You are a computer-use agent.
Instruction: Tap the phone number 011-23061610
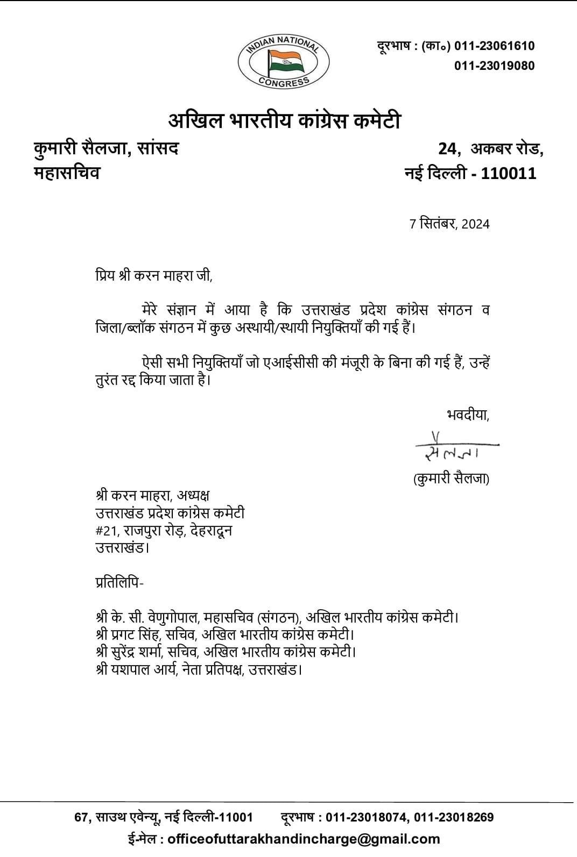tap(495, 46)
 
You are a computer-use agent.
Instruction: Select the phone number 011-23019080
tap(495, 66)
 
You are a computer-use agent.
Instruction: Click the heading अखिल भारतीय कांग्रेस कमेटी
tap(285, 121)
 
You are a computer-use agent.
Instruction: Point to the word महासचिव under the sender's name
tap(67, 173)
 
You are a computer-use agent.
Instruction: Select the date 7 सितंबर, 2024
tap(449, 224)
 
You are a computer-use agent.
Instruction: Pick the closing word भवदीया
tap(468, 415)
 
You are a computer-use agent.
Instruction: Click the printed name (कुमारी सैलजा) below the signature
tap(451, 479)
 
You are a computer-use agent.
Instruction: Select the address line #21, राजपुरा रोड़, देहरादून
tap(164, 531)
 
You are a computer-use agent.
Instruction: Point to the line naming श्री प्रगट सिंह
tap(224, 634)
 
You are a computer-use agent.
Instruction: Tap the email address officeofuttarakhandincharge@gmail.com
tap(304, 839)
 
